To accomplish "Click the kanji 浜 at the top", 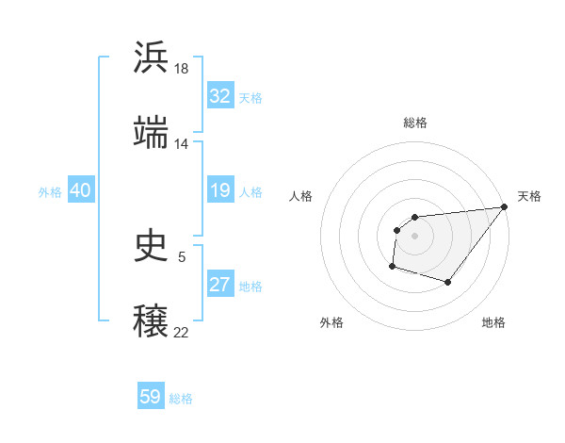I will point(152,57).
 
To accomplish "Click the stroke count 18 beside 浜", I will point(182,69).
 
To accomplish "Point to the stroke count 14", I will point(182,144).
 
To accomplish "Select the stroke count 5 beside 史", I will point(182,256).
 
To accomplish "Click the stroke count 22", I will point(182,332).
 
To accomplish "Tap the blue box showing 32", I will point(220,97).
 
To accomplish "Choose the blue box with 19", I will point(220,191).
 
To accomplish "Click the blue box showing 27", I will point(220,286).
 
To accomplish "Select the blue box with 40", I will point(80,191).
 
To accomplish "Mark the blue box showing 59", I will point(151,398).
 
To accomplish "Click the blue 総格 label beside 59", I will point(181,399).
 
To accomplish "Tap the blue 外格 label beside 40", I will point(50,192).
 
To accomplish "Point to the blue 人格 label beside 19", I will point(250,192).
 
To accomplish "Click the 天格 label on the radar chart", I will point(529,196).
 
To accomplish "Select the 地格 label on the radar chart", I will point(493,322).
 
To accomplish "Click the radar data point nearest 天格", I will point(505,207).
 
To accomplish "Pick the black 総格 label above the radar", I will point(414,123).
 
